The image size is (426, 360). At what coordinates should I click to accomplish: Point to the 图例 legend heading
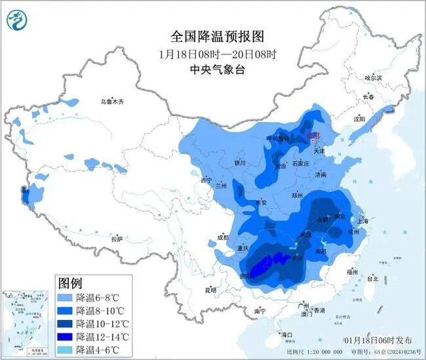tap(70, 283)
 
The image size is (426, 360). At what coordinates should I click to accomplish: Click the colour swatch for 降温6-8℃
tap(66, 298)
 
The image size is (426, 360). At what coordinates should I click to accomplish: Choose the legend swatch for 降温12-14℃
tap(66, 336)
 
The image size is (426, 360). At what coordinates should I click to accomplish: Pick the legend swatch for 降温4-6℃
tap(66, 350)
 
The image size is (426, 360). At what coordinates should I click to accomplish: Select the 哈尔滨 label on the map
tap(372, 78)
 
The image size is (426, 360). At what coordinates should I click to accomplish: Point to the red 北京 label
tap(315, 136)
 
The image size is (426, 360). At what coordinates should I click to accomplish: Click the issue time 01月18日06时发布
tap(378, 340)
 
